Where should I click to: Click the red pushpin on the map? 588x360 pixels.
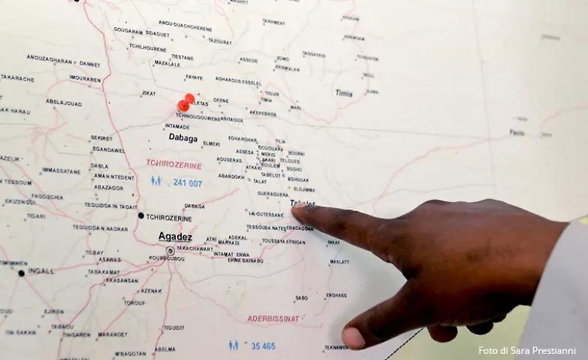[x=185, y=103]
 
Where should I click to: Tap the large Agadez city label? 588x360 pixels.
[x=175, y=237]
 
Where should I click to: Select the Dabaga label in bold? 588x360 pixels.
[x=183, y=138]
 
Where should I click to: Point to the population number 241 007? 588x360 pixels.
[x=188, y=183]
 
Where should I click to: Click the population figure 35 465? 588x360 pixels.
[x=263, y=346]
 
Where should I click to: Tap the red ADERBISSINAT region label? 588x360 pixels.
[x=272, y=319]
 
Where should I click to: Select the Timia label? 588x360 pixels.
[x=344, y=93]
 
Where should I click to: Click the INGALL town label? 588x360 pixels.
[x=41, y=271]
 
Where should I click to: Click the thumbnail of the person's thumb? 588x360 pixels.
[x=353, y=338]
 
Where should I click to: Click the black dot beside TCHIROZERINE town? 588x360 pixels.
[x=140, y=216]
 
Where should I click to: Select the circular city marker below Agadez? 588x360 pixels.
[x=170, y=251]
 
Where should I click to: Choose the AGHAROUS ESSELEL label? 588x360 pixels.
[x=238, y=80]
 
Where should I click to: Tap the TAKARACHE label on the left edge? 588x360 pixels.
[x=17, y=77]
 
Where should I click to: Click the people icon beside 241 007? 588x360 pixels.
[x=155, y=181]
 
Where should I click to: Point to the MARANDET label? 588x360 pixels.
[x=112, y=334]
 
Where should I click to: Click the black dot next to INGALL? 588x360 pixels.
[x=21, y=272]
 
